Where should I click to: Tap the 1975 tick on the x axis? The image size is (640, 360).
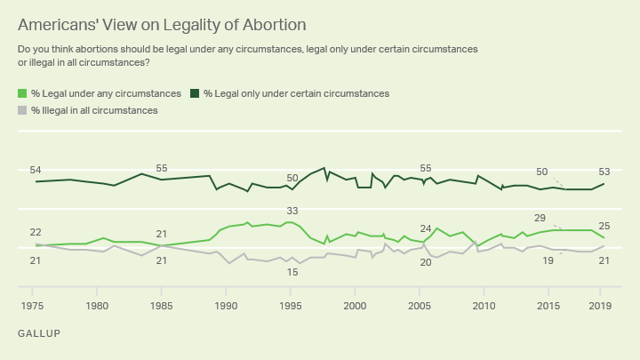click(32, 306)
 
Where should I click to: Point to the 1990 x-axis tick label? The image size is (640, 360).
click(226, 306)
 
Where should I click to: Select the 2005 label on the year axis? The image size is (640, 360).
click(420, 306)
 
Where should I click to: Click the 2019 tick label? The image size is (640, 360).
click(599, 306)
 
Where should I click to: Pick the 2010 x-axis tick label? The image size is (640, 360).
click(484, 306)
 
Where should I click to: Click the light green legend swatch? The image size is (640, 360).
click(22, 93)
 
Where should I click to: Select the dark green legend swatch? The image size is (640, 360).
click(195, 93)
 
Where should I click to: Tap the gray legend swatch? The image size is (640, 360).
click(22, 110)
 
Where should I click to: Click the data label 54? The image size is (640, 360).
click(36, 170)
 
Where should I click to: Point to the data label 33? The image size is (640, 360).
click(292, 211)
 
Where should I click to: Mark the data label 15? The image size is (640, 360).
click(292, 272)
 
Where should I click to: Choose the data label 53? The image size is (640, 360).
click(604, 172)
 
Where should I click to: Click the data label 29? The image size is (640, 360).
click(540, 218)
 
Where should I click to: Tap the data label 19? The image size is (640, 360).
click(548, 260)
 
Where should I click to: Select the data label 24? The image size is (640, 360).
click(426, 228)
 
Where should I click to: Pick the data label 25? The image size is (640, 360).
click(604, 226)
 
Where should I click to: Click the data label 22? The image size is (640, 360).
click(36, 232)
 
